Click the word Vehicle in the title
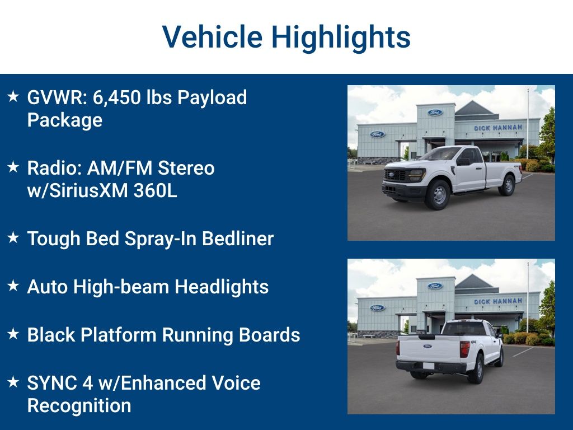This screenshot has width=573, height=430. click(x=212, y=36)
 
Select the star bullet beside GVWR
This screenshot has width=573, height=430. click(x=13, y=96)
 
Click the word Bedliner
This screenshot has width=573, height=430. click(x=237, y=239)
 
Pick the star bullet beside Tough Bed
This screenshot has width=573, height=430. click(x=13, y=237)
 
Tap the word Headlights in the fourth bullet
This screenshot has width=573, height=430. click(x=222, y=287)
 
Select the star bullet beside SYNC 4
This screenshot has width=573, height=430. click(x=13, y=382)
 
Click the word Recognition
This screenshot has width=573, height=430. click(x=79, y=406)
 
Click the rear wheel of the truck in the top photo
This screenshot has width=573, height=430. click(x=507, y=185)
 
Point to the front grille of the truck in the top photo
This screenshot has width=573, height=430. click(x=396, y=175)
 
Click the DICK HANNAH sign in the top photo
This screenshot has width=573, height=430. click(x=497, y=128)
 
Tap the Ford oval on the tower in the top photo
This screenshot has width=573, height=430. click(x=435, y=112)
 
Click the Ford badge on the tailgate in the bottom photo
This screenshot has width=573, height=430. click(x=427, y=346)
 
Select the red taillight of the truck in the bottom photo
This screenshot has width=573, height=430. click(x=464, y=349)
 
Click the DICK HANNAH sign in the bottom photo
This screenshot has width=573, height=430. click(x=497, y=301)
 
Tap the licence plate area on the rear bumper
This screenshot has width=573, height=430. click(x=428, y=366)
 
